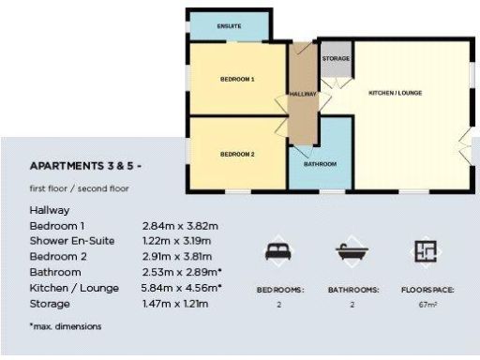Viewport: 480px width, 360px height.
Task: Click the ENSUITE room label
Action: [x=229, y=26]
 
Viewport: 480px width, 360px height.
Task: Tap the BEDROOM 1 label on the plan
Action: [x=237, y=80]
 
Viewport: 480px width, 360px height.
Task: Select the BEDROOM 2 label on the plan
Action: [x=237, y=153]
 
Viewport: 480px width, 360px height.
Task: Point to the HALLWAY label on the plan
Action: [x=303, y=94]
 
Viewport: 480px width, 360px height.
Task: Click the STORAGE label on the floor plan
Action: [x=336, y=59]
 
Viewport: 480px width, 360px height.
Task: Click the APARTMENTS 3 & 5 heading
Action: [x=87, y=166]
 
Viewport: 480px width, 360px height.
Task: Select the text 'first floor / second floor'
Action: [x=80, y=188]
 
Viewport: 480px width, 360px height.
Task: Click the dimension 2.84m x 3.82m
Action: [x=180, y=226]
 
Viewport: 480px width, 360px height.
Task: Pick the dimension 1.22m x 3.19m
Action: [x=180, y=241]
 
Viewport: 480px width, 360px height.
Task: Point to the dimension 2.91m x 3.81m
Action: [x=180, y=257]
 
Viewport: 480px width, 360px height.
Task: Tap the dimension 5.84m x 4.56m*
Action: [x=183, y=288]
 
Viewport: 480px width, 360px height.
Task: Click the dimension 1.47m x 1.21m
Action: [x=180, y=304]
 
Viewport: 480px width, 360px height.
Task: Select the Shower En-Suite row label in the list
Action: [x=72, y=241]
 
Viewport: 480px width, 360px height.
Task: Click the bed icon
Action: [x=279, y=250]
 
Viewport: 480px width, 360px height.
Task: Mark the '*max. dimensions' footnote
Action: [x=66, y=326]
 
